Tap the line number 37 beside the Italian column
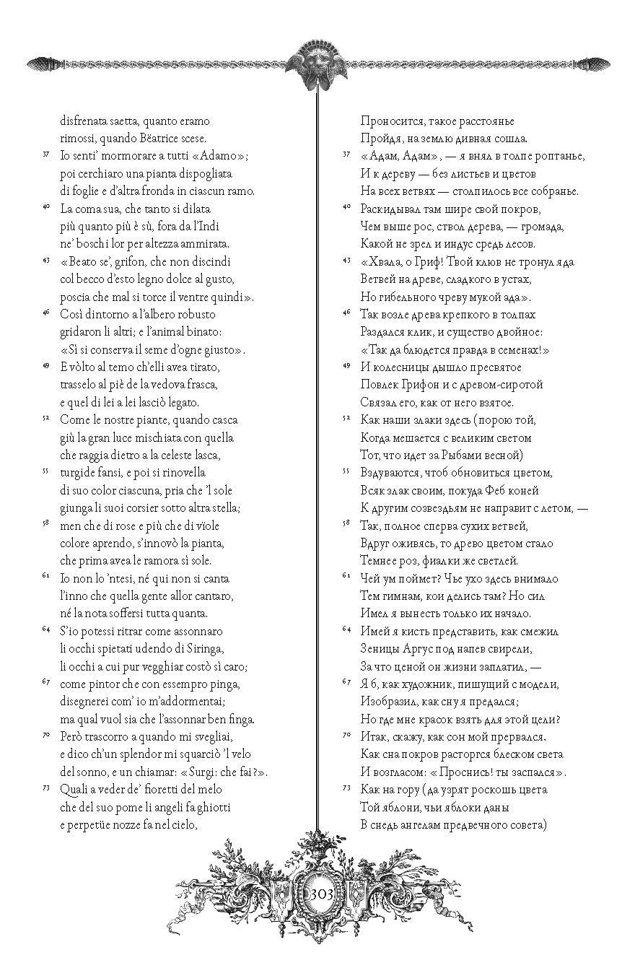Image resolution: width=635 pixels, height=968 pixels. point(45,154)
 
